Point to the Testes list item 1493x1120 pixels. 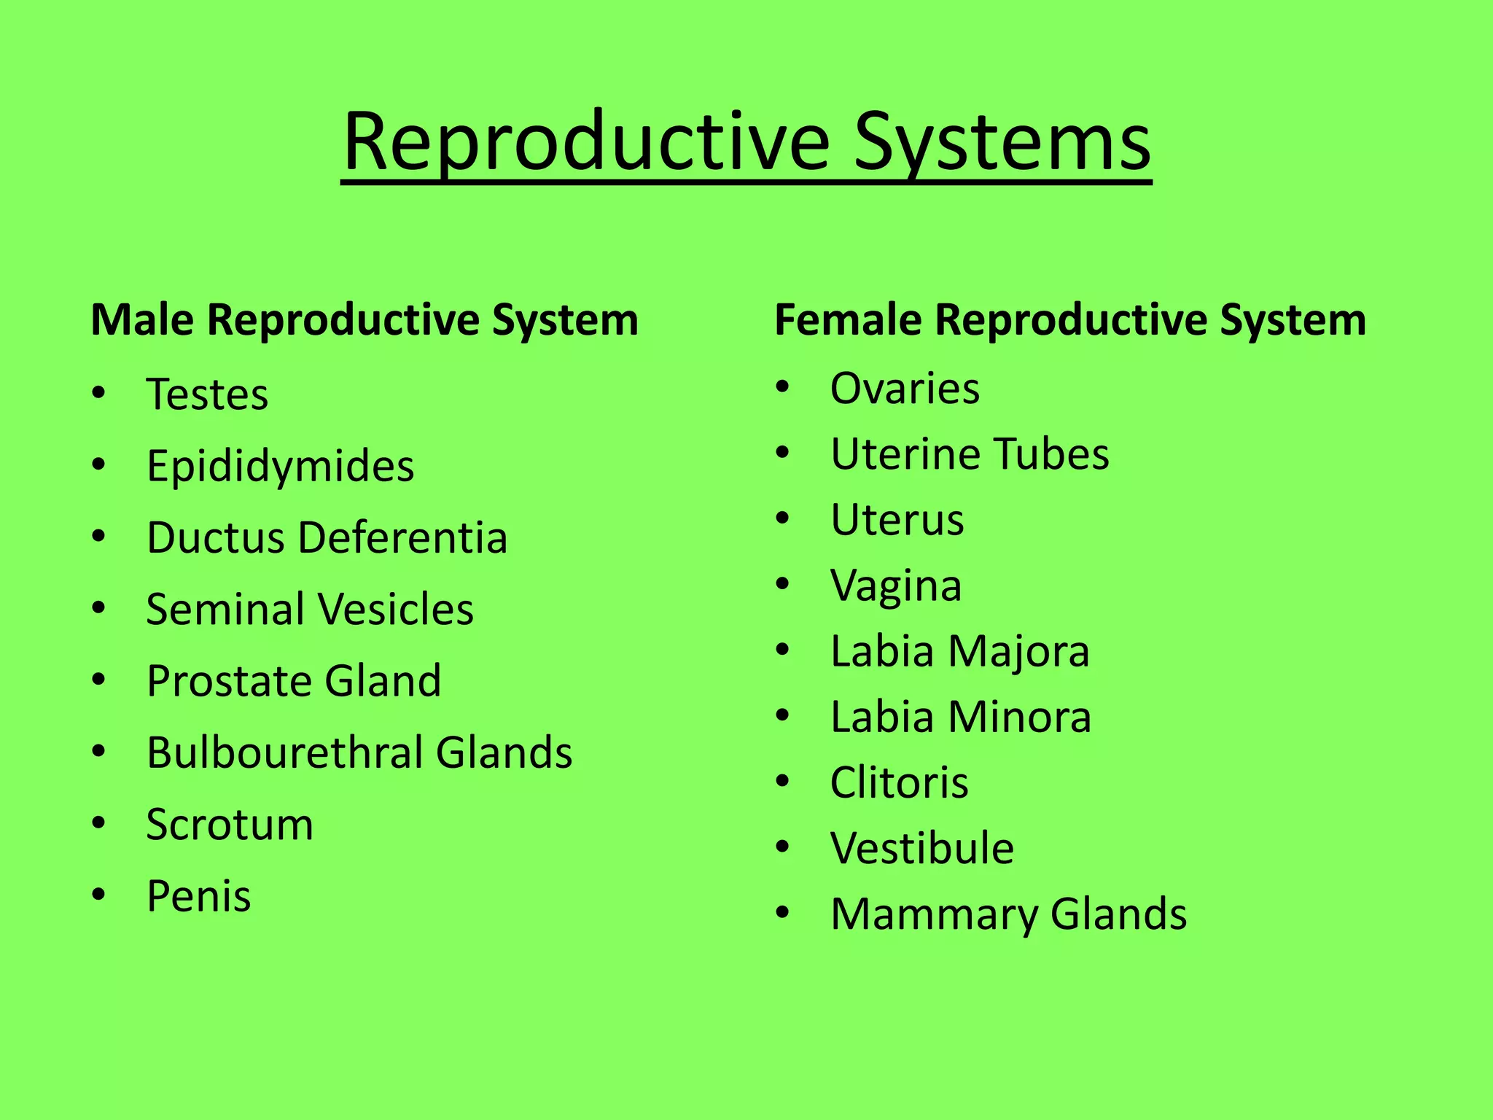(x=207, y=394)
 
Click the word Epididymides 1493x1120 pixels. (x=280, y=467)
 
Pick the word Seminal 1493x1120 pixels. (x=225, y=609)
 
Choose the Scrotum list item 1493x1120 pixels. (x=230, y=825)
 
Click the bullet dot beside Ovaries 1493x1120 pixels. (x=783, y=388)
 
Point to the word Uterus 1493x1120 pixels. (x=897, y=520)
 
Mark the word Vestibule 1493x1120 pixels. (x=921, y=848)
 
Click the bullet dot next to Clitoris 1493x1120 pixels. (x=783, y=782)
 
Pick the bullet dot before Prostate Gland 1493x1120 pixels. (x=99, y=681)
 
